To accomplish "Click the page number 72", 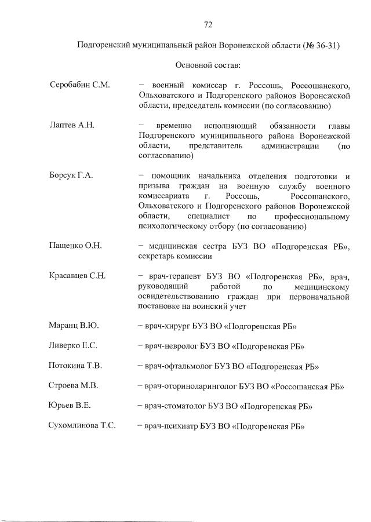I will (x=208, y=24).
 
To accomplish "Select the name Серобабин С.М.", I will (x=79, y=86).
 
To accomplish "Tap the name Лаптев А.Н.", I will (x=71, y=125).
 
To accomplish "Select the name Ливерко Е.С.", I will (x=73, y=346).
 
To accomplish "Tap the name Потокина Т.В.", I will (x=75, y=366).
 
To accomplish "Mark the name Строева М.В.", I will (x=74, y=386).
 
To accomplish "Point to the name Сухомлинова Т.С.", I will (x=82, y=426).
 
